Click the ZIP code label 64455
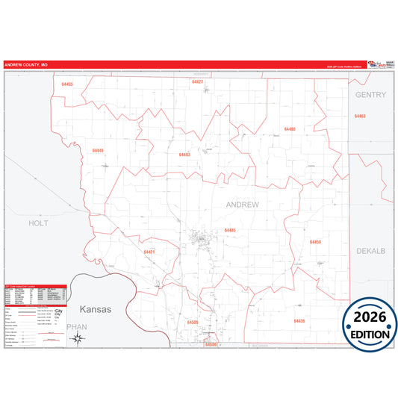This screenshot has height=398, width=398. pyautogui.click(x=67, y=84)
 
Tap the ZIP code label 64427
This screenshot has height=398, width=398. pyautogui.click(x=197, y=81)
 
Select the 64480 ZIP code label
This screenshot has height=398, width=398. pyautogui.click(x=290, y=129)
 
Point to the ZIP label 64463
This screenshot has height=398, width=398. pyautogui.click(x=360, y=116)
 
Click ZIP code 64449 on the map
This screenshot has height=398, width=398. pyautogui.click(x=98, y=150)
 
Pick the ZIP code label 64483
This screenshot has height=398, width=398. pyautogui.click(x=184, y=155)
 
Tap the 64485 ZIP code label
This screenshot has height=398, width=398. pyautogui.click(x=229, y=231)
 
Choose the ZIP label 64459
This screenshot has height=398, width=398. pyautogui.click(x=315, y=243)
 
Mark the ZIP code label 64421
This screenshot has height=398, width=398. pyautogui.click(x=149, y=252)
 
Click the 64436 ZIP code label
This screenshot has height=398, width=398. pyautogui.click(x=299, y=320)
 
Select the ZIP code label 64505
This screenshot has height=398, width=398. pyautogui.click(x=193, y=322)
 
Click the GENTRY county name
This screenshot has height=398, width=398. pyautogui.click(x=370, y=95)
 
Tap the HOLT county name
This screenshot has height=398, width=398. pyautogui.click(x=37, y=223)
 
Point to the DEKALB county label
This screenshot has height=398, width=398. pyautogui.click(x=370, y=251)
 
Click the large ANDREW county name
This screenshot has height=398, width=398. pyautogui.click(x=242, y=204)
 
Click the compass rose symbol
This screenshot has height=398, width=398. pyautogui.click(x=76, y=338)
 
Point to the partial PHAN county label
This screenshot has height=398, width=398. pyautogui.click(x=77, y=327)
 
